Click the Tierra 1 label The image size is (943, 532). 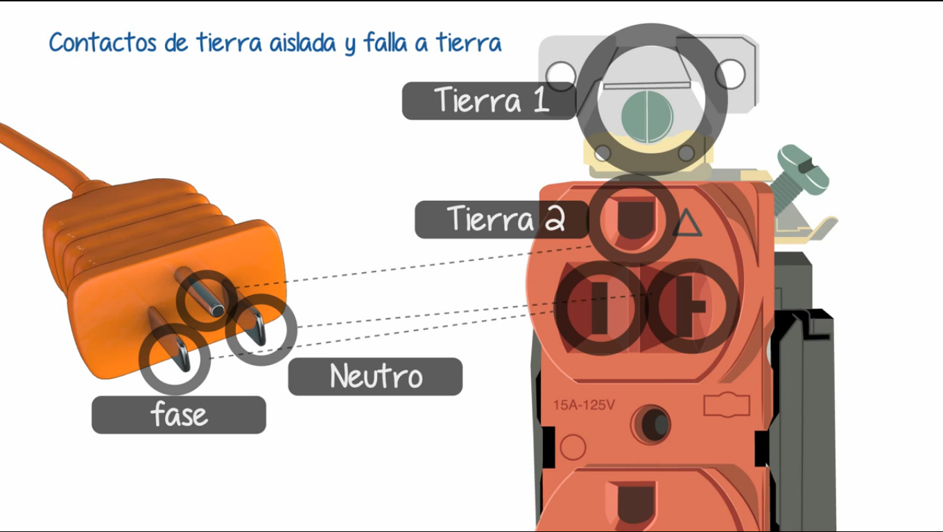[x=490, y=100]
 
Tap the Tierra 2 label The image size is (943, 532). [x=502, y=220]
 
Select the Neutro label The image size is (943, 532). [x=375, y=376]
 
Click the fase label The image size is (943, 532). [x=179, y=415]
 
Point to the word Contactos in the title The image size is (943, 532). [x=103, y=43]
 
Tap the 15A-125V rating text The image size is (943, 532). [x=584, y=405]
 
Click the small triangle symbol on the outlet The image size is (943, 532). [x=687, y=223]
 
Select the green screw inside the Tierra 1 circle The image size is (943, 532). [x=647, y=117]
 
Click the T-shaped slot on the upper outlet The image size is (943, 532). [x=689, y=306]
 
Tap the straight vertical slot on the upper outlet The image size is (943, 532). [x=600, y=308]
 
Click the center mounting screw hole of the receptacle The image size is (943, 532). [x=651, y=424]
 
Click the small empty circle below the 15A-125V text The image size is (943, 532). [x=573, y=447]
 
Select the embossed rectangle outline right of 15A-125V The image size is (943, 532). [x=727, y=405]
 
